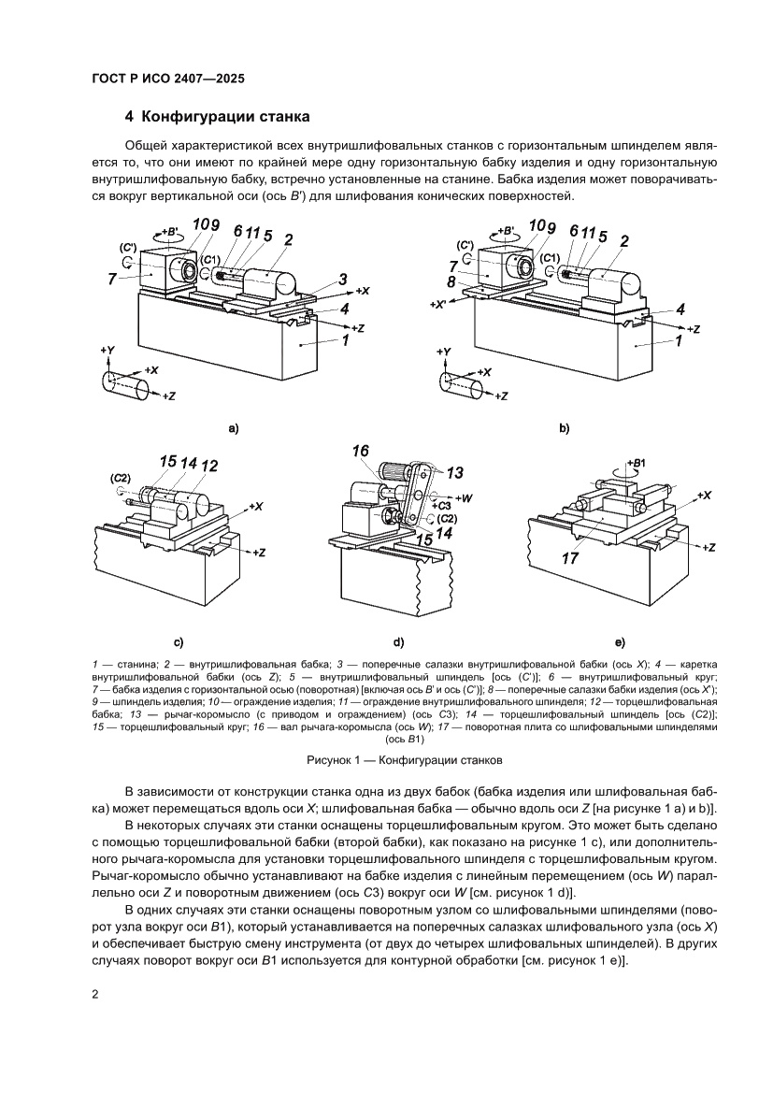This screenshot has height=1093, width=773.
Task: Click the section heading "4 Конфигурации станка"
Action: coord(217,118)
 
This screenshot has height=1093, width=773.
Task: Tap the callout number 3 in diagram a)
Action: coord(344,280)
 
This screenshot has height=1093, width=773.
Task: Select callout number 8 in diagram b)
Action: coord(451,280)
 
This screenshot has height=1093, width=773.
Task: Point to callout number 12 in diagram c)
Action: coord(209,466)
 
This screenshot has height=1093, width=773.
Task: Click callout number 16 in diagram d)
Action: coord(361,452)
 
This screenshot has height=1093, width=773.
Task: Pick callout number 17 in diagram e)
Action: coord(571,559)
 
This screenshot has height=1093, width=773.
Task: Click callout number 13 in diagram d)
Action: coord(455,473)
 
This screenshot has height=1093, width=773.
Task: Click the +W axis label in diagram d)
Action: coord(465,497)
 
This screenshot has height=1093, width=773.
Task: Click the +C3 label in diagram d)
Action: coord(443,505)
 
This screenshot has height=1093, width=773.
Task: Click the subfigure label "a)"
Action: coord(235,428)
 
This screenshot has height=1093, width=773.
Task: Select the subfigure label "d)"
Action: coord(398,642)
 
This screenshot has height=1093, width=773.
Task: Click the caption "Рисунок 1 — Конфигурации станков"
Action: coord(405,759)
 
